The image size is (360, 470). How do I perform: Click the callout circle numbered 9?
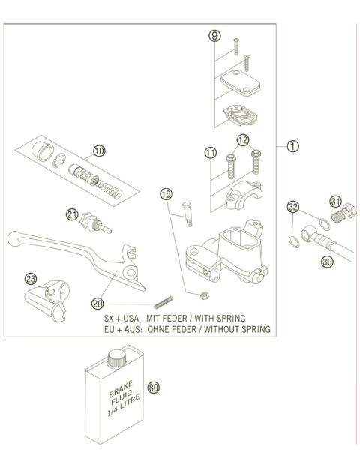214,35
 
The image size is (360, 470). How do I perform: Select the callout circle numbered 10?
98,151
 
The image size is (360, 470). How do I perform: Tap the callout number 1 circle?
292,146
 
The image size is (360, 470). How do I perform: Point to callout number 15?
166,195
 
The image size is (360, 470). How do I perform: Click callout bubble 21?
72,214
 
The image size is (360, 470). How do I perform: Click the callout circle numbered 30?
327,262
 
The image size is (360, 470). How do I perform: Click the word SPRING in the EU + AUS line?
252,329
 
